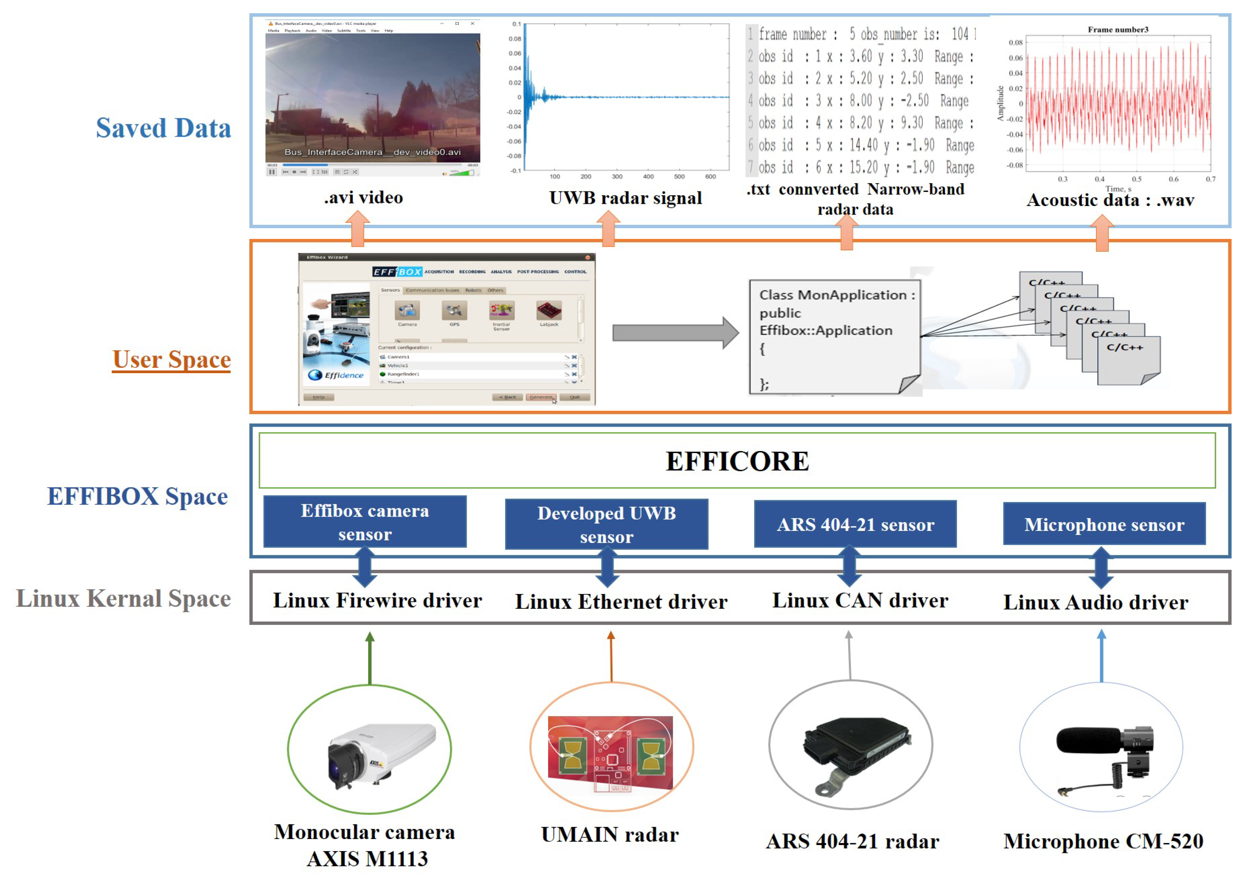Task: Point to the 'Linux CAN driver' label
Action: pyautogui.click(x=859, y=601)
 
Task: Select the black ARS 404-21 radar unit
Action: pyautogui.click(x=854, y=753)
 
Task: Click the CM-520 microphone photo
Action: pyautogui.click(x=1106, y=755)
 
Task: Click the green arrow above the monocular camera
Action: pyautogui.click(x=370, y=657)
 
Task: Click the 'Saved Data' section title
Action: pyautogui.click(x=163, y=128)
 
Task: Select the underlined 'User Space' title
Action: pyautogui.click(x=171, y=360)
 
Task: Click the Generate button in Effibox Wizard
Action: pyautogui.click(x=541, y=397)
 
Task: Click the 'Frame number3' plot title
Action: pyautogui.click(x=1117, y=30)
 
